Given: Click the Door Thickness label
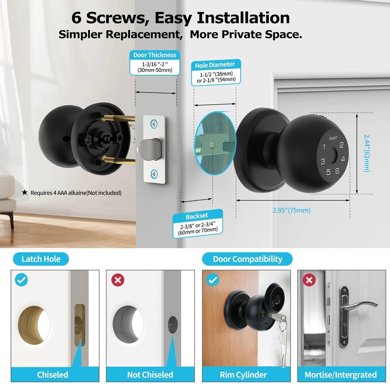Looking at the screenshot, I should (154, 55).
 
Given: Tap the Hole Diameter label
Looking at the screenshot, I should (215, 65).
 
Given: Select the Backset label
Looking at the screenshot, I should (197, 216).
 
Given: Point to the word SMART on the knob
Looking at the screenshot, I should (333, 138).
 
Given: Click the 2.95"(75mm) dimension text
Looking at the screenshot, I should (291, 211).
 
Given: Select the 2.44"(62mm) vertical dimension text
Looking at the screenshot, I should (367, 153).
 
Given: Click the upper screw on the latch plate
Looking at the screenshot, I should (155, 124).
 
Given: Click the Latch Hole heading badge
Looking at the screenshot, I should (41, 259).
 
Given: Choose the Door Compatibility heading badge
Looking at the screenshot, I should (247, 259).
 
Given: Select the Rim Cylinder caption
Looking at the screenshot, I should (243, 375).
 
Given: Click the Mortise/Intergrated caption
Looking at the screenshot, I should (340, 375).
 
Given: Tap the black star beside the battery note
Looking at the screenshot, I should (25, 192).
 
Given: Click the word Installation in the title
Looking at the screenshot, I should (243, 18).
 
